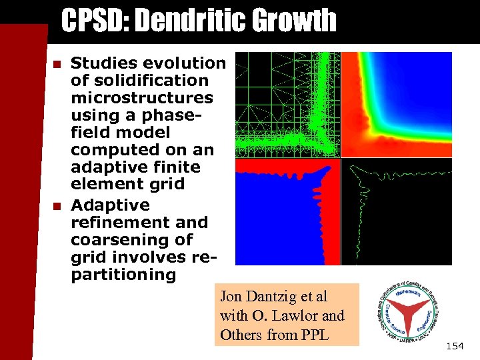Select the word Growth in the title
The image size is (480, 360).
tap(293, 21)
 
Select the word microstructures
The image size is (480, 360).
tap(142, 98)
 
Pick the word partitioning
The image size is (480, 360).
tap(123, 274)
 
